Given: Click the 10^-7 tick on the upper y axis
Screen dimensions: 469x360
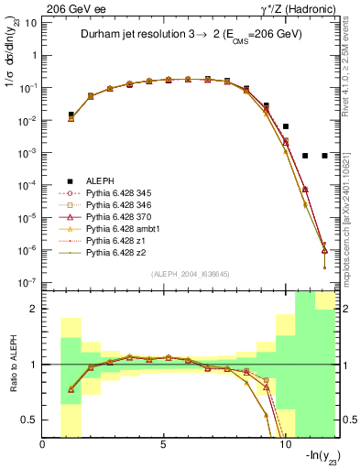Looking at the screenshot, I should tap(27, 282).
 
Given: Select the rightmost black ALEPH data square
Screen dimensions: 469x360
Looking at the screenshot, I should tap(324, 156).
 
